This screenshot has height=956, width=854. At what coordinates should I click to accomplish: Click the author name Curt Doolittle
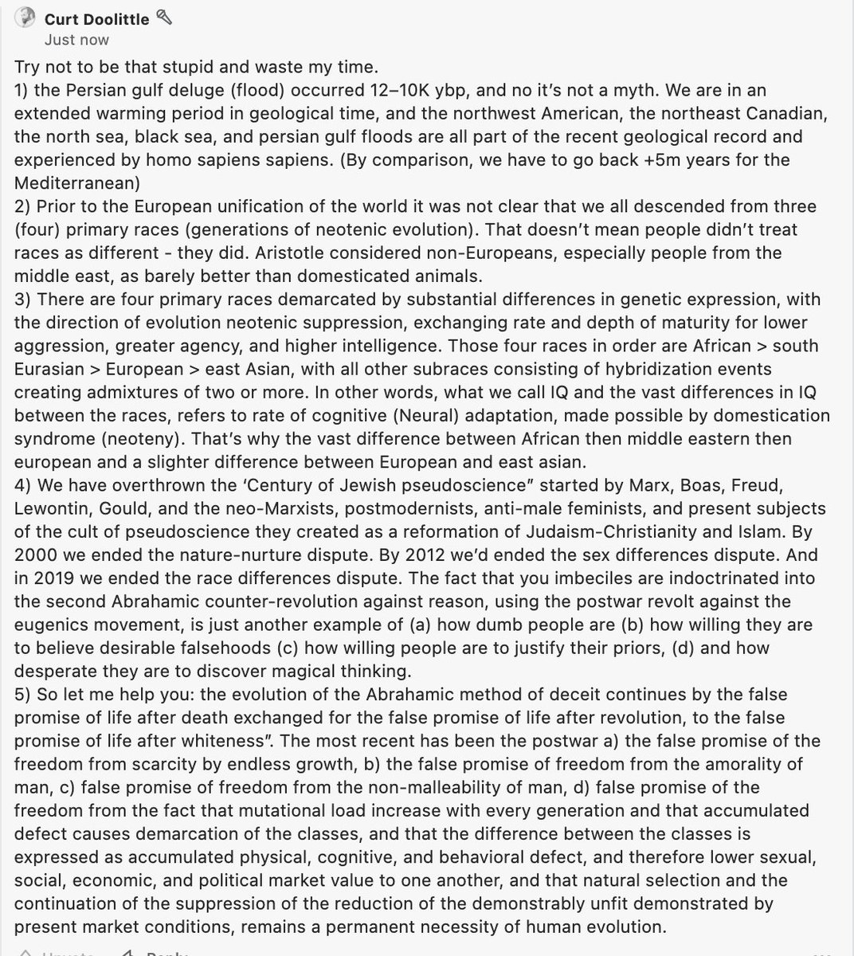pos(97,18)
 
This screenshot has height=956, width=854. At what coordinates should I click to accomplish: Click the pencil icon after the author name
pos(165,17)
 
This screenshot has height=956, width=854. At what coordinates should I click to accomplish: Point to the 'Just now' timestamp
pos(77,40)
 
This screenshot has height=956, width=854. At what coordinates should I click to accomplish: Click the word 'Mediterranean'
pos(77,182)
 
